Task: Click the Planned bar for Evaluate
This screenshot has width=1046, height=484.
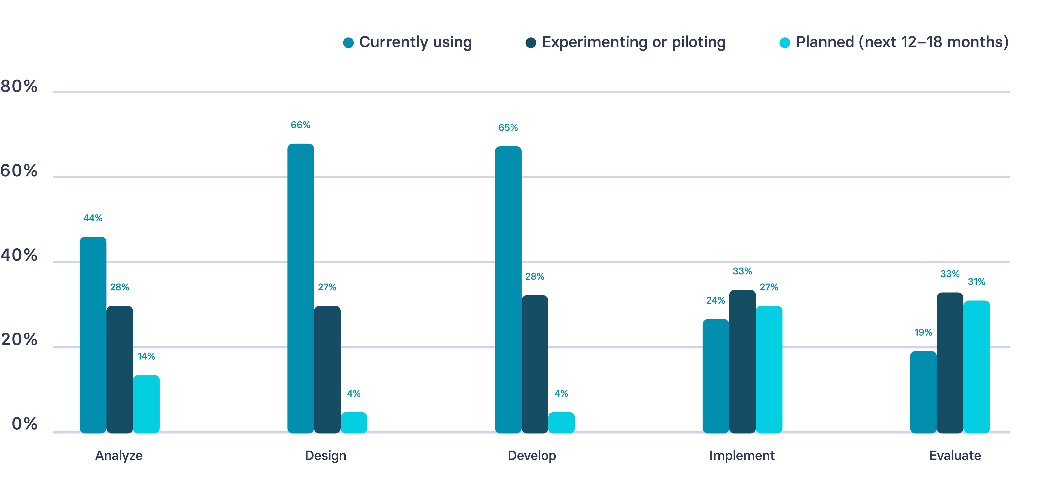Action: click(977, 367)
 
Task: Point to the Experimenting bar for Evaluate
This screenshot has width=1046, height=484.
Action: click(950, 363)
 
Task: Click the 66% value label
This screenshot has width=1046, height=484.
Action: click(300, 125)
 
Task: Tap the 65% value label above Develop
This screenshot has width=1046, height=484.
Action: click(508, 128)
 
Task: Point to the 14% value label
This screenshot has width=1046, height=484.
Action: click(146, 356)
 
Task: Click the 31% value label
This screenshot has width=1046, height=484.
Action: click(977, 282)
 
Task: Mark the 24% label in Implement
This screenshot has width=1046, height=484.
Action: click(716, 301)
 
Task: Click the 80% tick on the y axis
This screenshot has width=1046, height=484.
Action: click(19, 86)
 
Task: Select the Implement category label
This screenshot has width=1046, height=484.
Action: click(742, 456)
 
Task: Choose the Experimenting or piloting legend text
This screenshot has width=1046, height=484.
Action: click(633, 42)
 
